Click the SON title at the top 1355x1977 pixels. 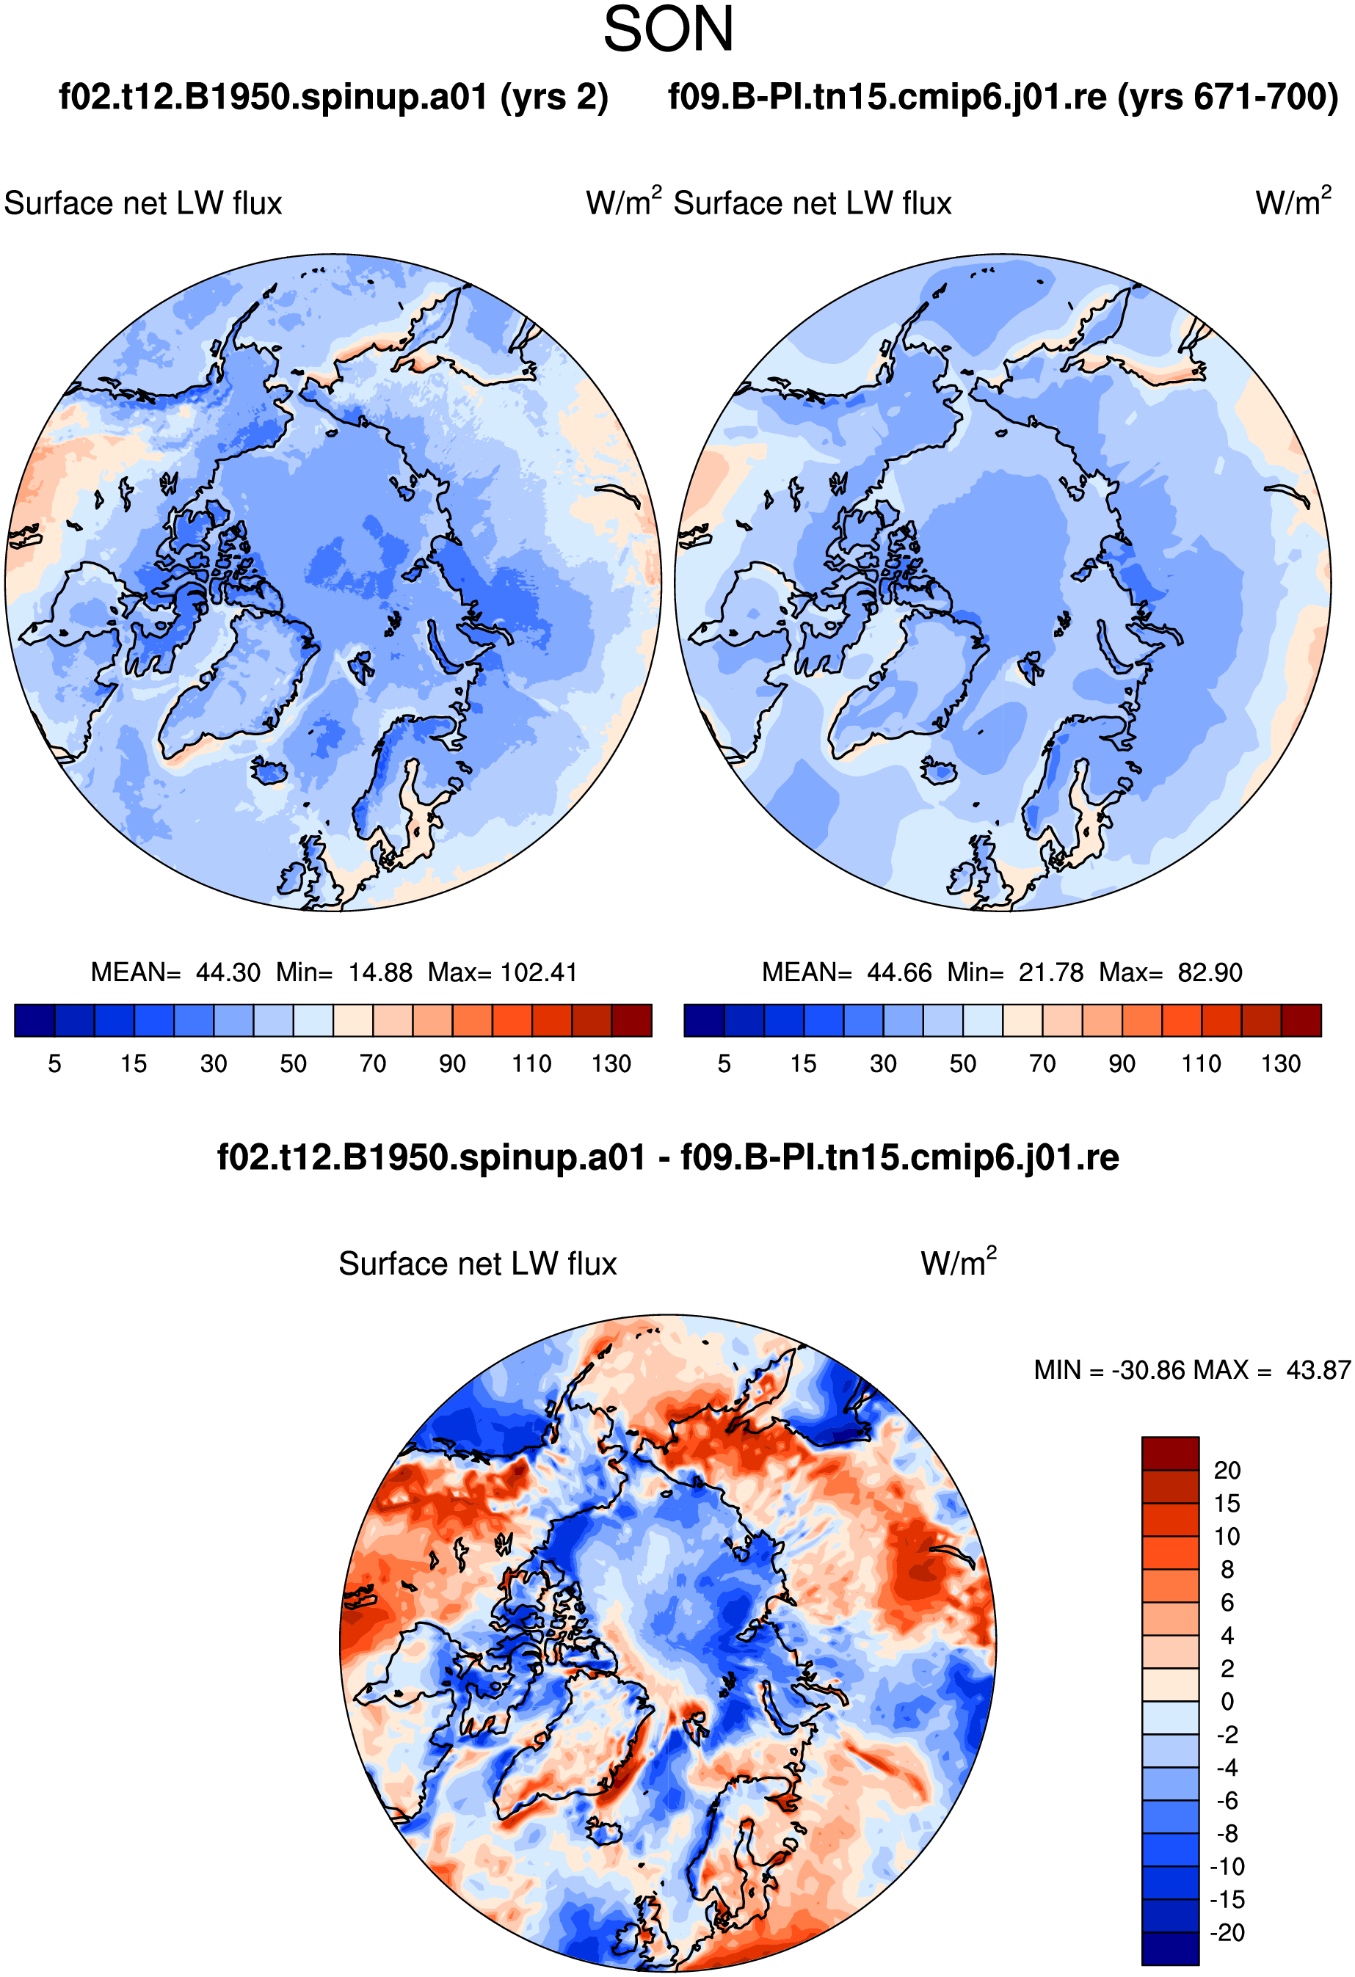coord(668,30)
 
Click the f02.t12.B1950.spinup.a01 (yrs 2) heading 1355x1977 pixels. coord(334,98)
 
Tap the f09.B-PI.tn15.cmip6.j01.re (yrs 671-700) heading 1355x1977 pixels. coord(1003,98)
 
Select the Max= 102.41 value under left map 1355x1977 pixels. coord(502,972)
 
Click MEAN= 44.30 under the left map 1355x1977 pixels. coord(175,972)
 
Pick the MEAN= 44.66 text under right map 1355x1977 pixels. coord(847,972)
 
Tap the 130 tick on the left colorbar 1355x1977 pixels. coord(611,1063)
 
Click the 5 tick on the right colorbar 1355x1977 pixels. coord(724,1063)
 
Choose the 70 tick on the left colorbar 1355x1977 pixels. coord(373,1063)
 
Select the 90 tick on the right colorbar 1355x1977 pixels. coord(1122,1063)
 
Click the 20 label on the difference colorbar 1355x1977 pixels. coord(1227,1471)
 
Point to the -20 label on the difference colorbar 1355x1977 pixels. coord(1227,1933)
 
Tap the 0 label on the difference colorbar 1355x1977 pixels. coord(1227,1701)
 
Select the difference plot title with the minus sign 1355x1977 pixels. coord(668,1158)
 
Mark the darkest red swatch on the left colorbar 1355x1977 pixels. coord(631,1021)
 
